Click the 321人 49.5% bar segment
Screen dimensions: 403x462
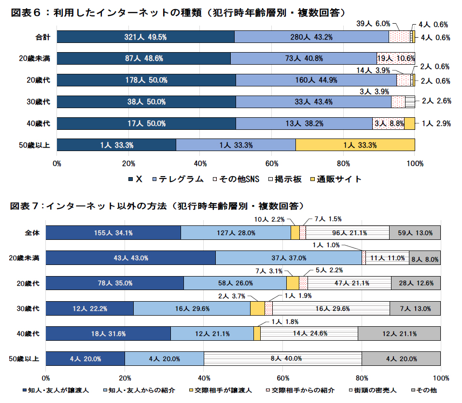[145, 37]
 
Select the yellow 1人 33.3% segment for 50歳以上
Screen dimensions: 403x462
[355, 145]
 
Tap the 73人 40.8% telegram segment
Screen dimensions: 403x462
[303, 58]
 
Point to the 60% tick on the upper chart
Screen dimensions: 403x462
[272, 163]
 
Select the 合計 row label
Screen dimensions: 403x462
[42, 37]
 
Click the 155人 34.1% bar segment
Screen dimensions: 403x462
[113, 233]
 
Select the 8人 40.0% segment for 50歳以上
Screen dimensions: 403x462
[282, 359]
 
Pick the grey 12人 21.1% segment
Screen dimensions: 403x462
[399, 334]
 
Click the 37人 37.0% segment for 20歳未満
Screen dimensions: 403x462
[288, 258]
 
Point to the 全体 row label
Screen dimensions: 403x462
[32, 233]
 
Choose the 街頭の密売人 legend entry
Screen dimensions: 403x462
[374, 389]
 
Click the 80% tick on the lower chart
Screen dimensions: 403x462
[362, 377]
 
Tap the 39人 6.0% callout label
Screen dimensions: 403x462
[373, 23]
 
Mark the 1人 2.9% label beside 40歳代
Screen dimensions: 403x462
[436, 124]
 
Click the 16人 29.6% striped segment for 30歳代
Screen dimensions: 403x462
[331, 308]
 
